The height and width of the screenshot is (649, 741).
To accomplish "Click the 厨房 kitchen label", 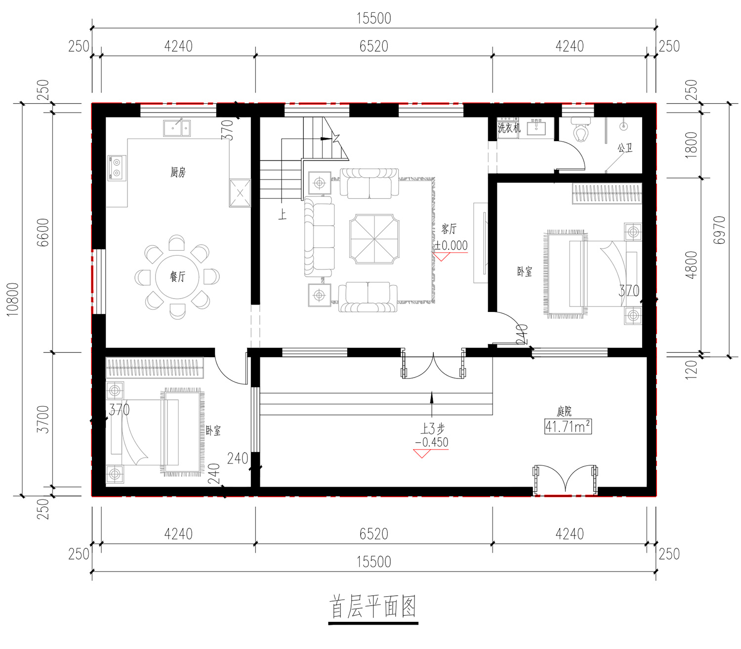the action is [178, 172].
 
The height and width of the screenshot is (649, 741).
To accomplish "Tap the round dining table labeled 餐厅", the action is [177, 277].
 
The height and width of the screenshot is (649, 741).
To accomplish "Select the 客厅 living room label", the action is [449, 229].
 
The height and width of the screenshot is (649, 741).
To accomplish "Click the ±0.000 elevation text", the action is [451, 246].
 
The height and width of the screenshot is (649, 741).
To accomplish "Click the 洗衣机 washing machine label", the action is [509, 127].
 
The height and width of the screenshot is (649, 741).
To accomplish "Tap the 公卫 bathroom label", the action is [625, 148].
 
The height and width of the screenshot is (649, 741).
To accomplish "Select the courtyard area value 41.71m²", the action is [568, 426].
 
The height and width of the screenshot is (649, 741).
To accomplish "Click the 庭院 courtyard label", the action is [564, 412].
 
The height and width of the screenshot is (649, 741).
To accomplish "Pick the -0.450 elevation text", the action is [432, 443].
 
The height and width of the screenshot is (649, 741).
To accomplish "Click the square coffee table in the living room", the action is [374, 239].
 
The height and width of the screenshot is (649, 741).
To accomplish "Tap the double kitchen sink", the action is [177, 128].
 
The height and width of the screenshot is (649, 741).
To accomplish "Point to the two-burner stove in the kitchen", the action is [117, 168].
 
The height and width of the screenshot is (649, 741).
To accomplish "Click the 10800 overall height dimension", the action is [13, 299].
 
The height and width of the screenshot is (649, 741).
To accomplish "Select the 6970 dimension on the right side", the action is [719, 230].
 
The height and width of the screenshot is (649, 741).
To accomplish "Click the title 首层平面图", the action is [372, 607].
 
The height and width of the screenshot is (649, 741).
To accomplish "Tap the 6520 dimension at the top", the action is [374, 46].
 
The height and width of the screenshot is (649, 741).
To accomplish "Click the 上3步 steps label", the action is [432, 428].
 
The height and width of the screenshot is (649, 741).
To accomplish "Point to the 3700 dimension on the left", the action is [43, 419].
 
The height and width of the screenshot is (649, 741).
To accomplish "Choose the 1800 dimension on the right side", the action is [691, 145].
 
